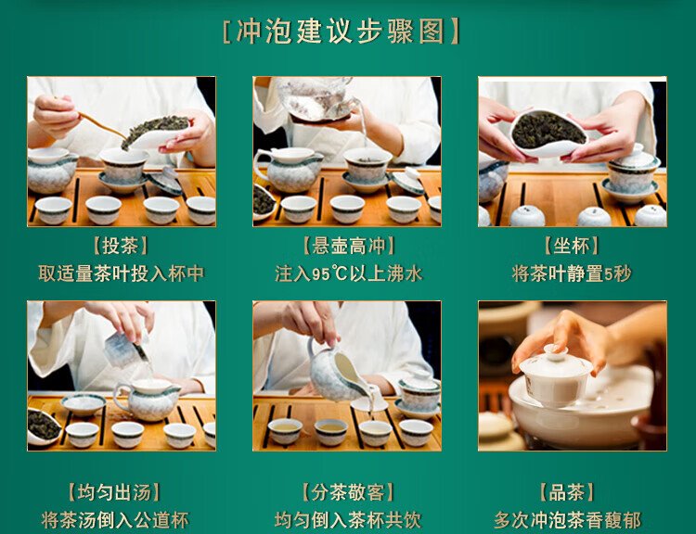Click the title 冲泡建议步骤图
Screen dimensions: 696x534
341,32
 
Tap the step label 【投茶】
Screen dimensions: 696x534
121,246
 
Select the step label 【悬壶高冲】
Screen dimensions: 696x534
348,246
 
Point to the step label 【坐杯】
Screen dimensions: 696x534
572,246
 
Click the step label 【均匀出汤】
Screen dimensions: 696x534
114,492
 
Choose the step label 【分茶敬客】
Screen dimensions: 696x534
348,492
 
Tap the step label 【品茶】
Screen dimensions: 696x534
567,492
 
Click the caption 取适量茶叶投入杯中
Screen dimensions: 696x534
122,273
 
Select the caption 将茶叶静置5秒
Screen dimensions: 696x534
572,273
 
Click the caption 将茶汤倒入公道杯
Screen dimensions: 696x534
115,520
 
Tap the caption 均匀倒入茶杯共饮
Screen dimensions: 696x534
348,520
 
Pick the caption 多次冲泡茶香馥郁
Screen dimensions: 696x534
568,520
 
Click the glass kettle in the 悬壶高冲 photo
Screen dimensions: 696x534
317,98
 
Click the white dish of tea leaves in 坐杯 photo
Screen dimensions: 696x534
549,133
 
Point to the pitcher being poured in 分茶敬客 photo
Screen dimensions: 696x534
338,372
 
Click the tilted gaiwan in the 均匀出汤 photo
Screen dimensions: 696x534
124,350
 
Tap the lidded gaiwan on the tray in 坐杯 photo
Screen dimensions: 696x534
632,173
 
